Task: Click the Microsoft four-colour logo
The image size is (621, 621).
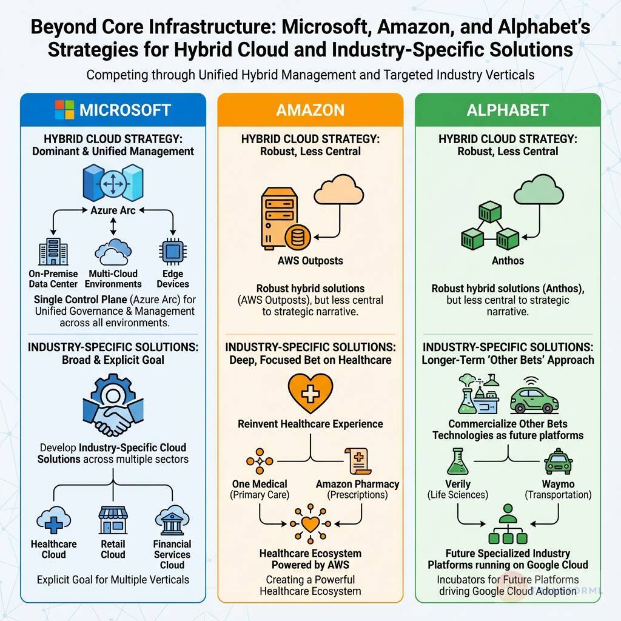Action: [x=64, y=110]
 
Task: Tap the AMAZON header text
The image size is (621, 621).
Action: [x=310, y=110]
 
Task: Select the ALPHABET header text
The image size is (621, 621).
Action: [x=508, y=110]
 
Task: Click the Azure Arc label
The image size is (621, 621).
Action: [x=112, y=210]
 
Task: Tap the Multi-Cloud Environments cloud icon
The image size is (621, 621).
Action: [x=113, y=253]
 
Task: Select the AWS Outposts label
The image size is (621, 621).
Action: [x=309, y=261]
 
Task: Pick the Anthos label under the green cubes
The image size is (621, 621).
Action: [x=508, y=261]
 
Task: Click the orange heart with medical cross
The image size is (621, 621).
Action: [x=310, y=393]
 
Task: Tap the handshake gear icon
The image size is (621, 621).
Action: [x=113, y=408]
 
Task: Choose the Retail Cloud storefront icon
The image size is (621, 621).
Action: [x=113, y=520]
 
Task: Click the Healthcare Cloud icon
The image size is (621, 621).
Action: [x=53, y=520]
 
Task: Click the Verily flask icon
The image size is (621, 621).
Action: [x=458, y=462]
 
